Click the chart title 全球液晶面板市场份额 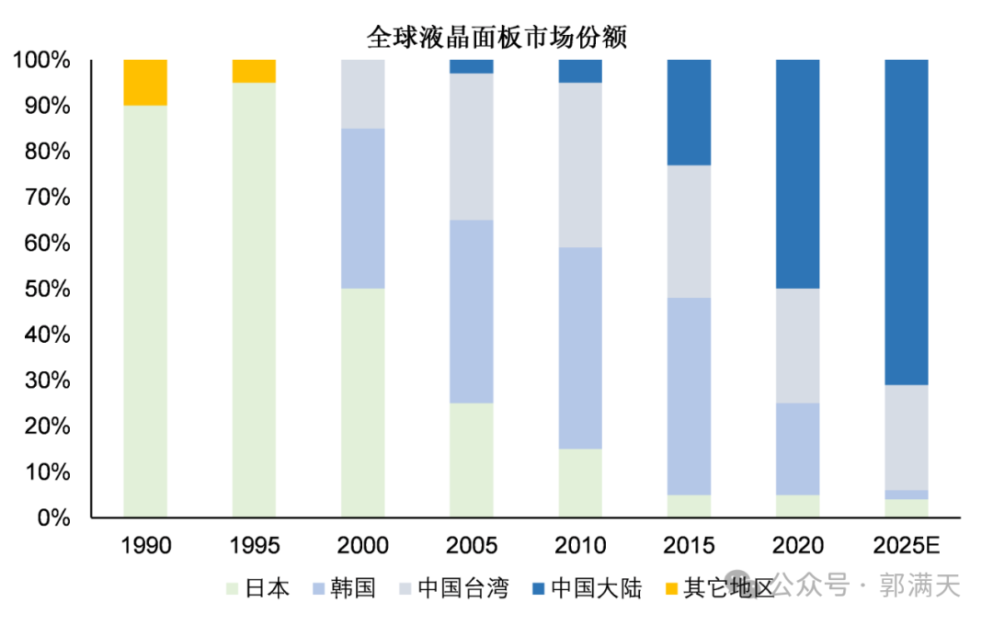point(496,38)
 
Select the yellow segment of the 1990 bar point(145,83)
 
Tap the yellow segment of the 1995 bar point(254,72)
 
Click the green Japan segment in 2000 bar point(363,403)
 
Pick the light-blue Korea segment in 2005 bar point(472,312)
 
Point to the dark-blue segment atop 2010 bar point(580,72)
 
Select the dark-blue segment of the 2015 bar point(689,112)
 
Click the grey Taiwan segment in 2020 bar point(798,346)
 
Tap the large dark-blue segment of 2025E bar point(907,222)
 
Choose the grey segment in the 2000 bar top point(363,94)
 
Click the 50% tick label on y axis point(41,290)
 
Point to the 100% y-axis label point(41,61)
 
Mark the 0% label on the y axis point(51,518)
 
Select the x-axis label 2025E point(907,546)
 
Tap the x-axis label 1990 point(145,546)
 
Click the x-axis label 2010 point(580,546)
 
